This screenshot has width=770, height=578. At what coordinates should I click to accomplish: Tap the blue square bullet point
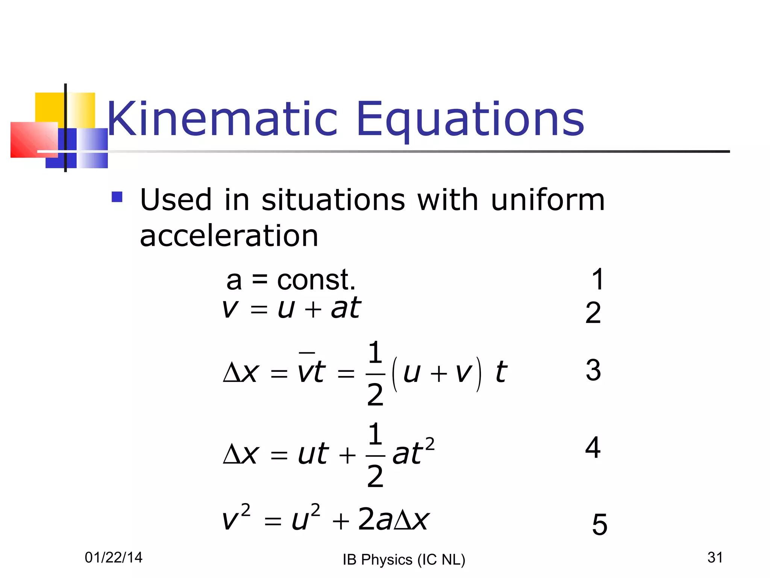[x=117, y=197]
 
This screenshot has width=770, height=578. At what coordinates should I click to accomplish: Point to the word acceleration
[x=229, y=236]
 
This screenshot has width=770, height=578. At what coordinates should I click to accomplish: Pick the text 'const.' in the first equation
[x=316, y=280]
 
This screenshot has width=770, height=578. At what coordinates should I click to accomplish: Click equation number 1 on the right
[x=597, y=279]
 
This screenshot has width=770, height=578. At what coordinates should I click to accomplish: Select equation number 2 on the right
[x=593, y=313]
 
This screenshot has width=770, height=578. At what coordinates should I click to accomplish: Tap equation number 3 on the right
[x=593, y=370]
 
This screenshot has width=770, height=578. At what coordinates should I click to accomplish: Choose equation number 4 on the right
[x=593, y=447]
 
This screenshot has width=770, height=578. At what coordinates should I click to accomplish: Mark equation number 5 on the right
[x=599, y=524]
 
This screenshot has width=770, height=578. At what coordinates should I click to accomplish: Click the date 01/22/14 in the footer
[x=114, y=557]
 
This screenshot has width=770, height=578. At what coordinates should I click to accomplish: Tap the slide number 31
[x=715, y=557]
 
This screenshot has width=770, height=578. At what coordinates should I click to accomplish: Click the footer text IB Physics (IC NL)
[x=404, y=560]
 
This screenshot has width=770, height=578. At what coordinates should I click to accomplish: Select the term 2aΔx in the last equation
[x=393, y=519]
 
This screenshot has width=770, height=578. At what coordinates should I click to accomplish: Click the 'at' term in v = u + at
[x=346, y=308]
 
